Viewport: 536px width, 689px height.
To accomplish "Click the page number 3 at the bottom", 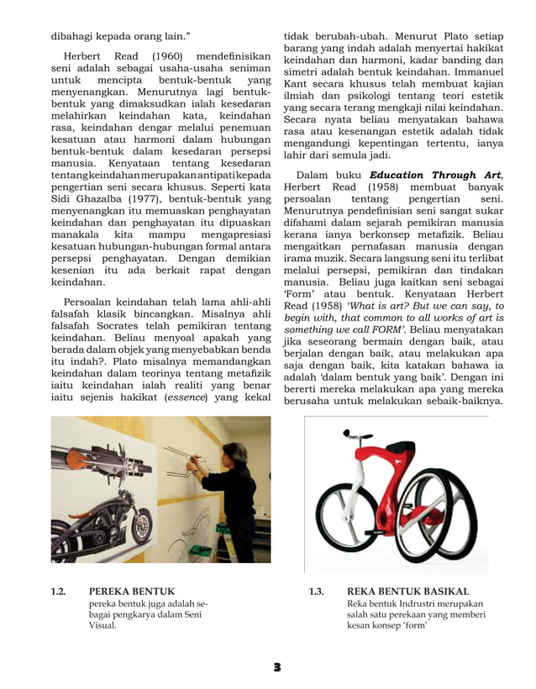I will point(276,666).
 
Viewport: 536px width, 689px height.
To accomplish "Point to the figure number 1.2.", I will point(58,591).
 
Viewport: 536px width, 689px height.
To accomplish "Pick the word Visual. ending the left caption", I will point(104,625).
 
